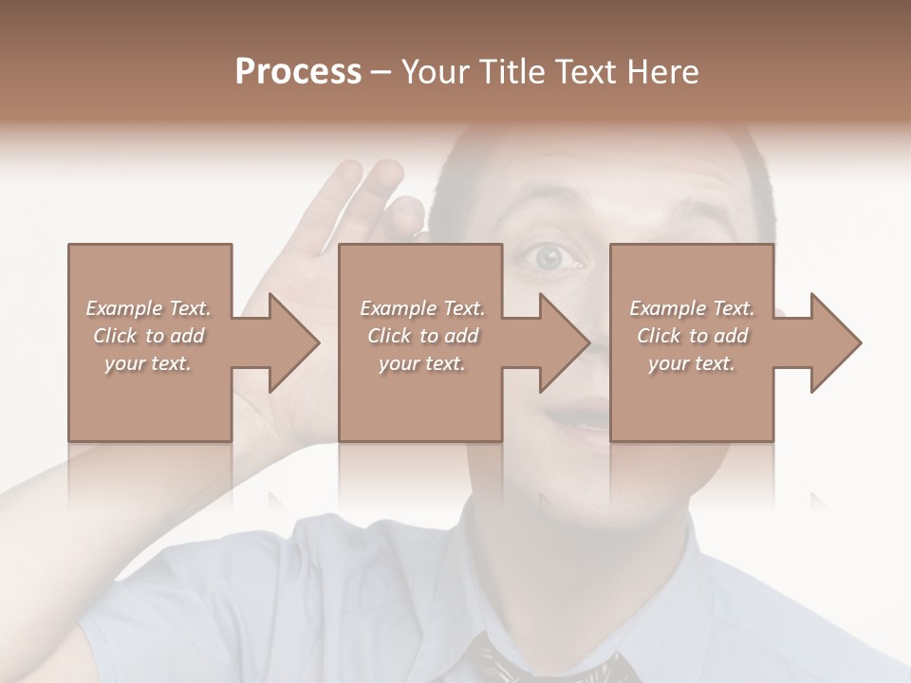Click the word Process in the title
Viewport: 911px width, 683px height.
(x=298, y=72)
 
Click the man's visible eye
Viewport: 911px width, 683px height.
(x=549, y=256)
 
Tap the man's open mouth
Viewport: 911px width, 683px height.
(x=581, y=415)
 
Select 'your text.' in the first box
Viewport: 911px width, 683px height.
(x=148, y=363)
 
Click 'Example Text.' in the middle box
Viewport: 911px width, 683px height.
(x=422, y=308)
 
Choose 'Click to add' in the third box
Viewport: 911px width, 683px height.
(x=693, y=336)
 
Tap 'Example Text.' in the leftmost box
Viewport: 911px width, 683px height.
(x=148, y=308)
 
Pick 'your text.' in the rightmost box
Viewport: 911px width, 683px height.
(x=692, y=363)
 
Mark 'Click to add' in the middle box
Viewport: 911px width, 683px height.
(x=422, y=336)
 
